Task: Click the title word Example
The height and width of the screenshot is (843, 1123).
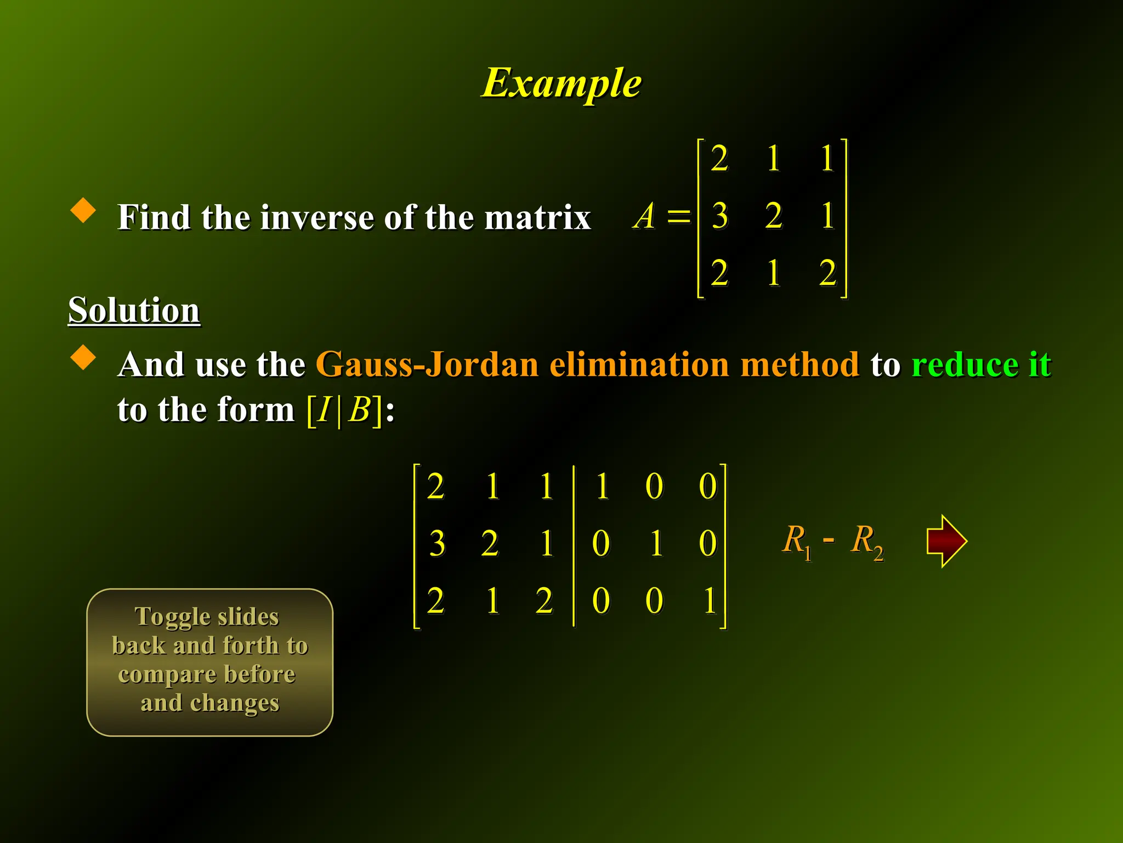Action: [561, 83]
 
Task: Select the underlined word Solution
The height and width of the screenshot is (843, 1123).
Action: [134, 310]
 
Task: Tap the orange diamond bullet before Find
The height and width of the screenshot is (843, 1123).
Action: [83, 210]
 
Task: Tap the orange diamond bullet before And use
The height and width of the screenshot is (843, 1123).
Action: [83, 357]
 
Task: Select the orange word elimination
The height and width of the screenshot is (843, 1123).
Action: [639, 364]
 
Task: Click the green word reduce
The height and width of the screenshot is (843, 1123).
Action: [965, 364]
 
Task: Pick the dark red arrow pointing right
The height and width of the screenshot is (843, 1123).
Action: [946, 541]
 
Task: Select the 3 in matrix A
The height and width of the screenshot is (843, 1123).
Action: [719, 216]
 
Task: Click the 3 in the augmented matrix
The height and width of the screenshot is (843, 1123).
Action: [436, 544]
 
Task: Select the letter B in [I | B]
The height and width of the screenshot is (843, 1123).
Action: [360, 409]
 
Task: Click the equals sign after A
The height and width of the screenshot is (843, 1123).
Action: [679, 216]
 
